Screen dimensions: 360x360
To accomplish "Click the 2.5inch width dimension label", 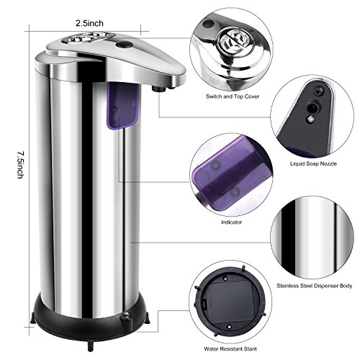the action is click(89, 23).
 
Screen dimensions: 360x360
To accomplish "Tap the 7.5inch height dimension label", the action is click(21, 165).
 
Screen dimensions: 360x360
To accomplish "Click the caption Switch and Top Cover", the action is click(233, 96).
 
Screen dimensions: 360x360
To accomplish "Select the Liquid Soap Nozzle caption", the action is click(313, 163).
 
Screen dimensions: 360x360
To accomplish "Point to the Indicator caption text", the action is click(231, 222).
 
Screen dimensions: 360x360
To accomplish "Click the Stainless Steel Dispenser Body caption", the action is click(314, 286).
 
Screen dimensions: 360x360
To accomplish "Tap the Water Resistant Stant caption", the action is click(230, 348).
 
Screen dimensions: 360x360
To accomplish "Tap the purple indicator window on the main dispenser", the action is click(122, 106).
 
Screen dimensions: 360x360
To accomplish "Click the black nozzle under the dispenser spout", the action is click(158, 89).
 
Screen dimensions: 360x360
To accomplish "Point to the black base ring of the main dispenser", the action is click(89, 322).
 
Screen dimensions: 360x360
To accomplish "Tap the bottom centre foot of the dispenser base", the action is click(90, 346).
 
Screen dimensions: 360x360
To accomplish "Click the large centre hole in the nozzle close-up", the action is click(312, 108).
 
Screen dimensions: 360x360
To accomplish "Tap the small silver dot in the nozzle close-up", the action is click(310, 118).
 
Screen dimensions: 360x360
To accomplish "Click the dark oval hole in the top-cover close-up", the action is click(209, 24).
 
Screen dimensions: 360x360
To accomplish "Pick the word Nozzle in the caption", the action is click(328, 163).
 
